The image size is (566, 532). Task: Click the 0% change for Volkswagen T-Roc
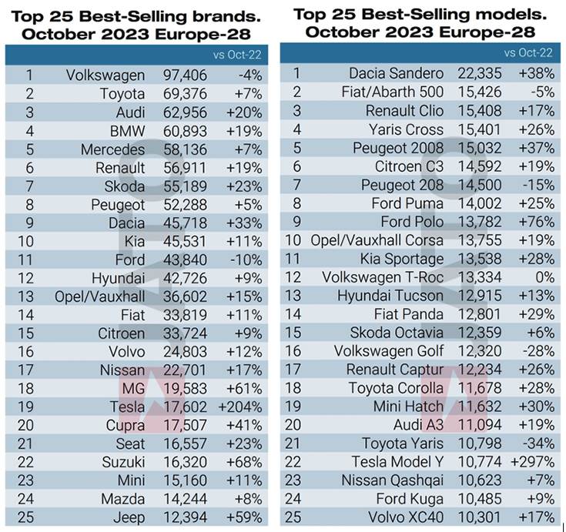(544, 277)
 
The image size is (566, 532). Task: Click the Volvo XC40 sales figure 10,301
(481, 517)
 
